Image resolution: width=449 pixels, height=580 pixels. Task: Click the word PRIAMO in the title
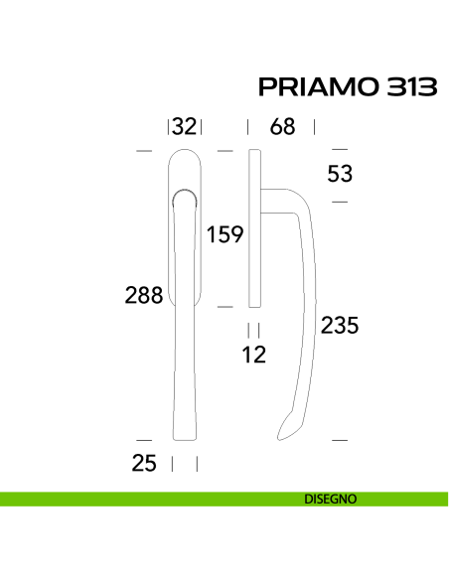319,87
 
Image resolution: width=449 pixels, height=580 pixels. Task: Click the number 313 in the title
411,87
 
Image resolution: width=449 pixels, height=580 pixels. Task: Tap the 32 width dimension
184,126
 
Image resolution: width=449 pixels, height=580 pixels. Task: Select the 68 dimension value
282,126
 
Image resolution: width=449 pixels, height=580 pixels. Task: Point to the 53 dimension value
340,174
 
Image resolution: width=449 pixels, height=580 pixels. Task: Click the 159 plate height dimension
224,234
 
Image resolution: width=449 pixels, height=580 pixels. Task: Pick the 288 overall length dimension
144,295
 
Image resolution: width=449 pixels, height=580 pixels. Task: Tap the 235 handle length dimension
340,326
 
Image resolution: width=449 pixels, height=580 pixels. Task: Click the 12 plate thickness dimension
253,355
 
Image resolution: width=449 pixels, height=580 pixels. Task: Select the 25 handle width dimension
144,463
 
